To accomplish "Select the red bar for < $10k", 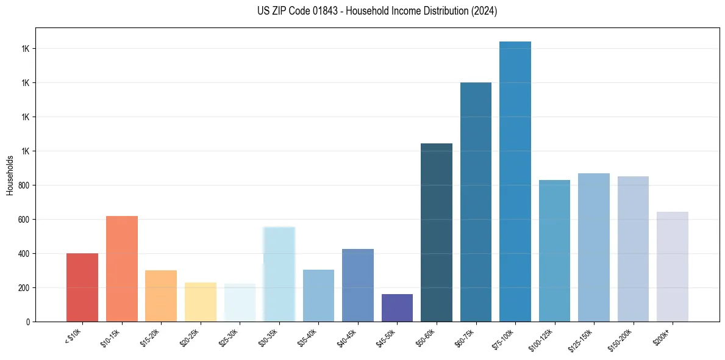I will pyautogui.click(x=82, y=287).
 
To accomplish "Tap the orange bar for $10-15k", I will pyautogui.click(x=122, y=268).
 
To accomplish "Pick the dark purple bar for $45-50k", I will pyautogui.click(x=397, y=308).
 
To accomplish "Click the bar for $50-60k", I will pyautogui.click(x=437, y=232).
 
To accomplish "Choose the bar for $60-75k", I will pyautogui.click(x=476, y=201).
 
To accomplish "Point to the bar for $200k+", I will pyautogui.click(x=672, y=266).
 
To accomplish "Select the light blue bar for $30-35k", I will pyautogui.click(x=279, y=274).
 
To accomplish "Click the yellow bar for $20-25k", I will pyautogui.click(x=201, y=301).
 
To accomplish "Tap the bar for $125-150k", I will pyautogui.click(x=594, y=247).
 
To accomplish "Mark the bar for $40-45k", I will pyautogui.click(x=358, y=285).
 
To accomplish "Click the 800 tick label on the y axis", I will pyautogui.click(x=23, y=185).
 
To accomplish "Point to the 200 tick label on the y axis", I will pyautogui.click(x=23, y=287).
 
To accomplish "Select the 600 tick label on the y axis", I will pyautogui.click(x=23, y=219).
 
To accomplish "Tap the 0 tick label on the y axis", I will pyautogui.click(x=27, y=322).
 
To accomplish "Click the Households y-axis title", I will pyautogui.click(x=10, y=175).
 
